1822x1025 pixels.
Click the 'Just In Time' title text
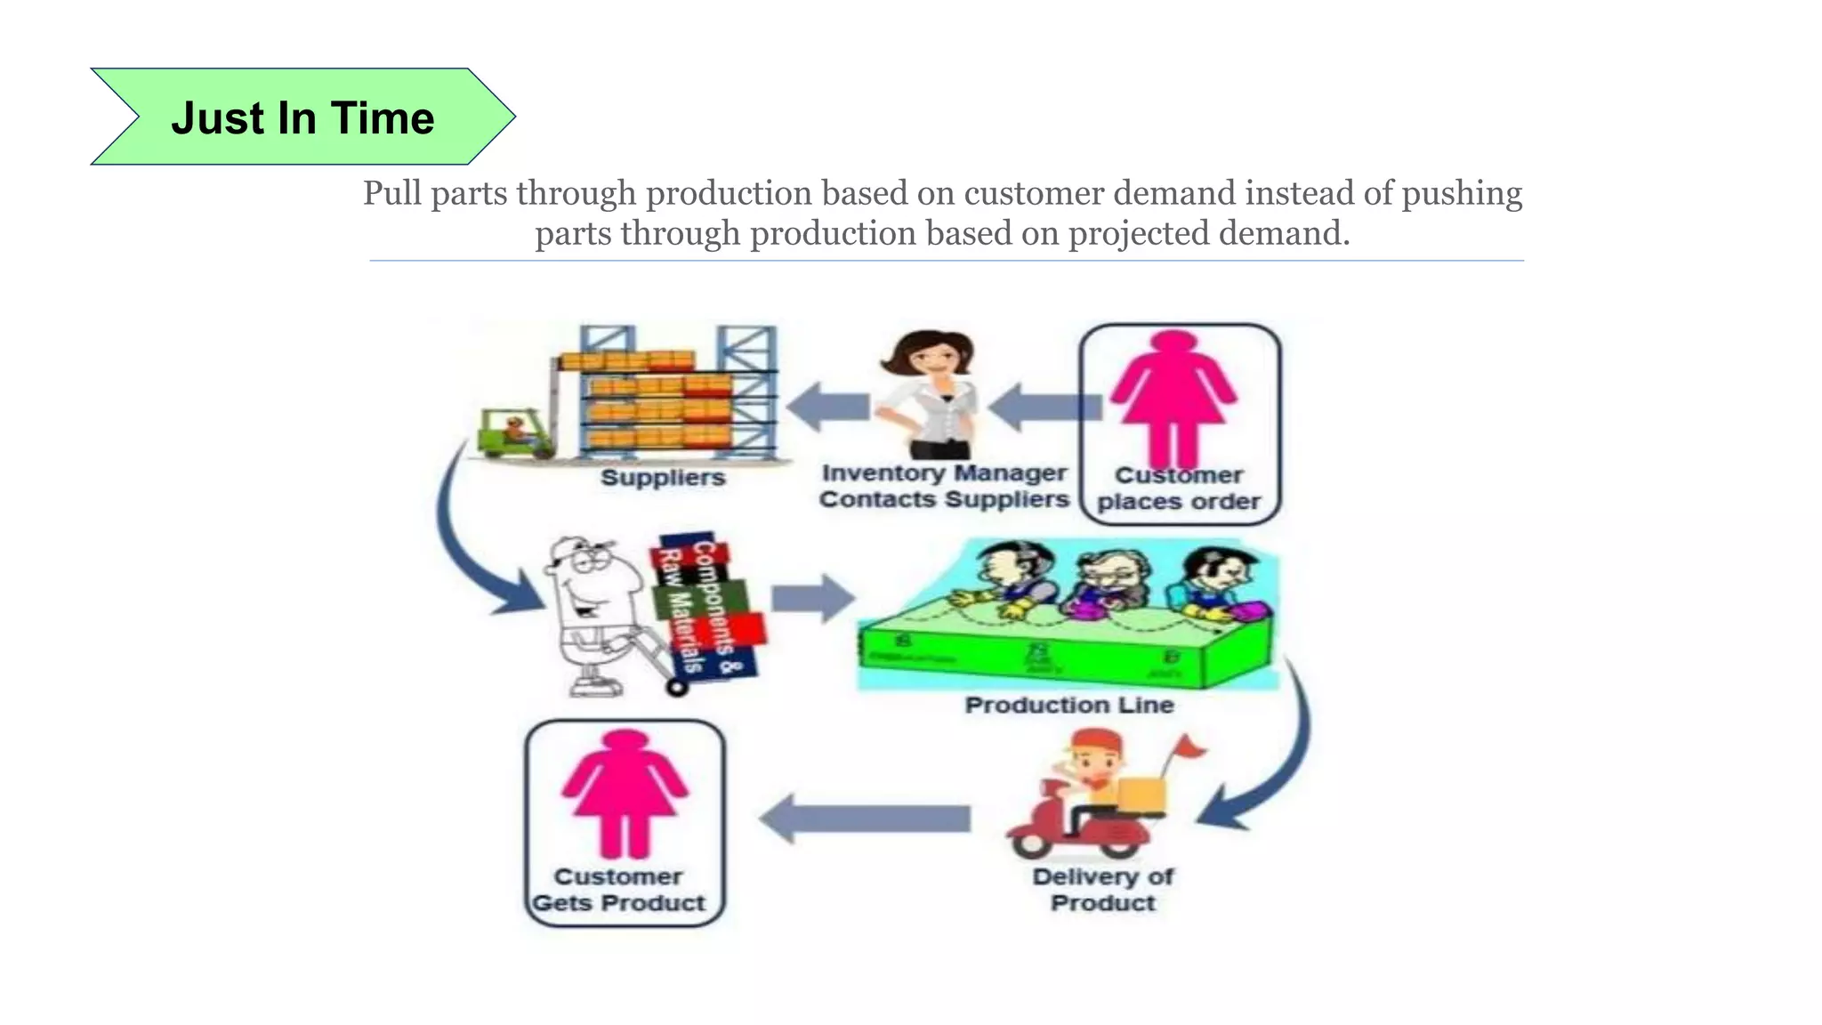pyautogui.click(x=302, y=118)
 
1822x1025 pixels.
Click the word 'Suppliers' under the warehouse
pyautogui.click(x=663, y=478)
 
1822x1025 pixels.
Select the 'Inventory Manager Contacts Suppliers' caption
pyautogui.click(x=944, y=486)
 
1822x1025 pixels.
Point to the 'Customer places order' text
pyautogui.click(x=1179, y=488)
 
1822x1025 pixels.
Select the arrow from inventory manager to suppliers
pyautogui.click(x=827, y=407)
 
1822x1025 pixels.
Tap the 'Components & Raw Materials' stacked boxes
pyautogui.click(x=707, y=609)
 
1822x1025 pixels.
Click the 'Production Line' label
pyautogui.click(x=1069, y=706)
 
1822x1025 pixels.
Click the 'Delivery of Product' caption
pyautogui.click(x=1102, y=890)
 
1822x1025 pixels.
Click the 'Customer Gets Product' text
pyautogui.click(x=619, y=890)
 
